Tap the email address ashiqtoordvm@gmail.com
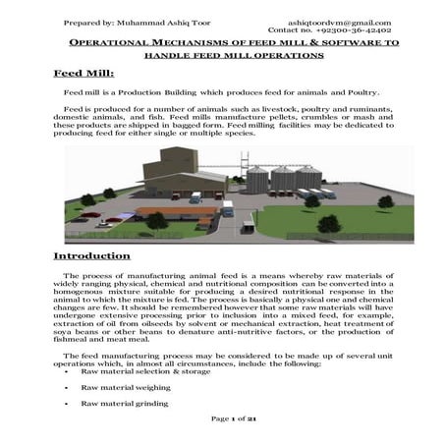coord(339,23)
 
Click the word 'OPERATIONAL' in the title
coord(109,46)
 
